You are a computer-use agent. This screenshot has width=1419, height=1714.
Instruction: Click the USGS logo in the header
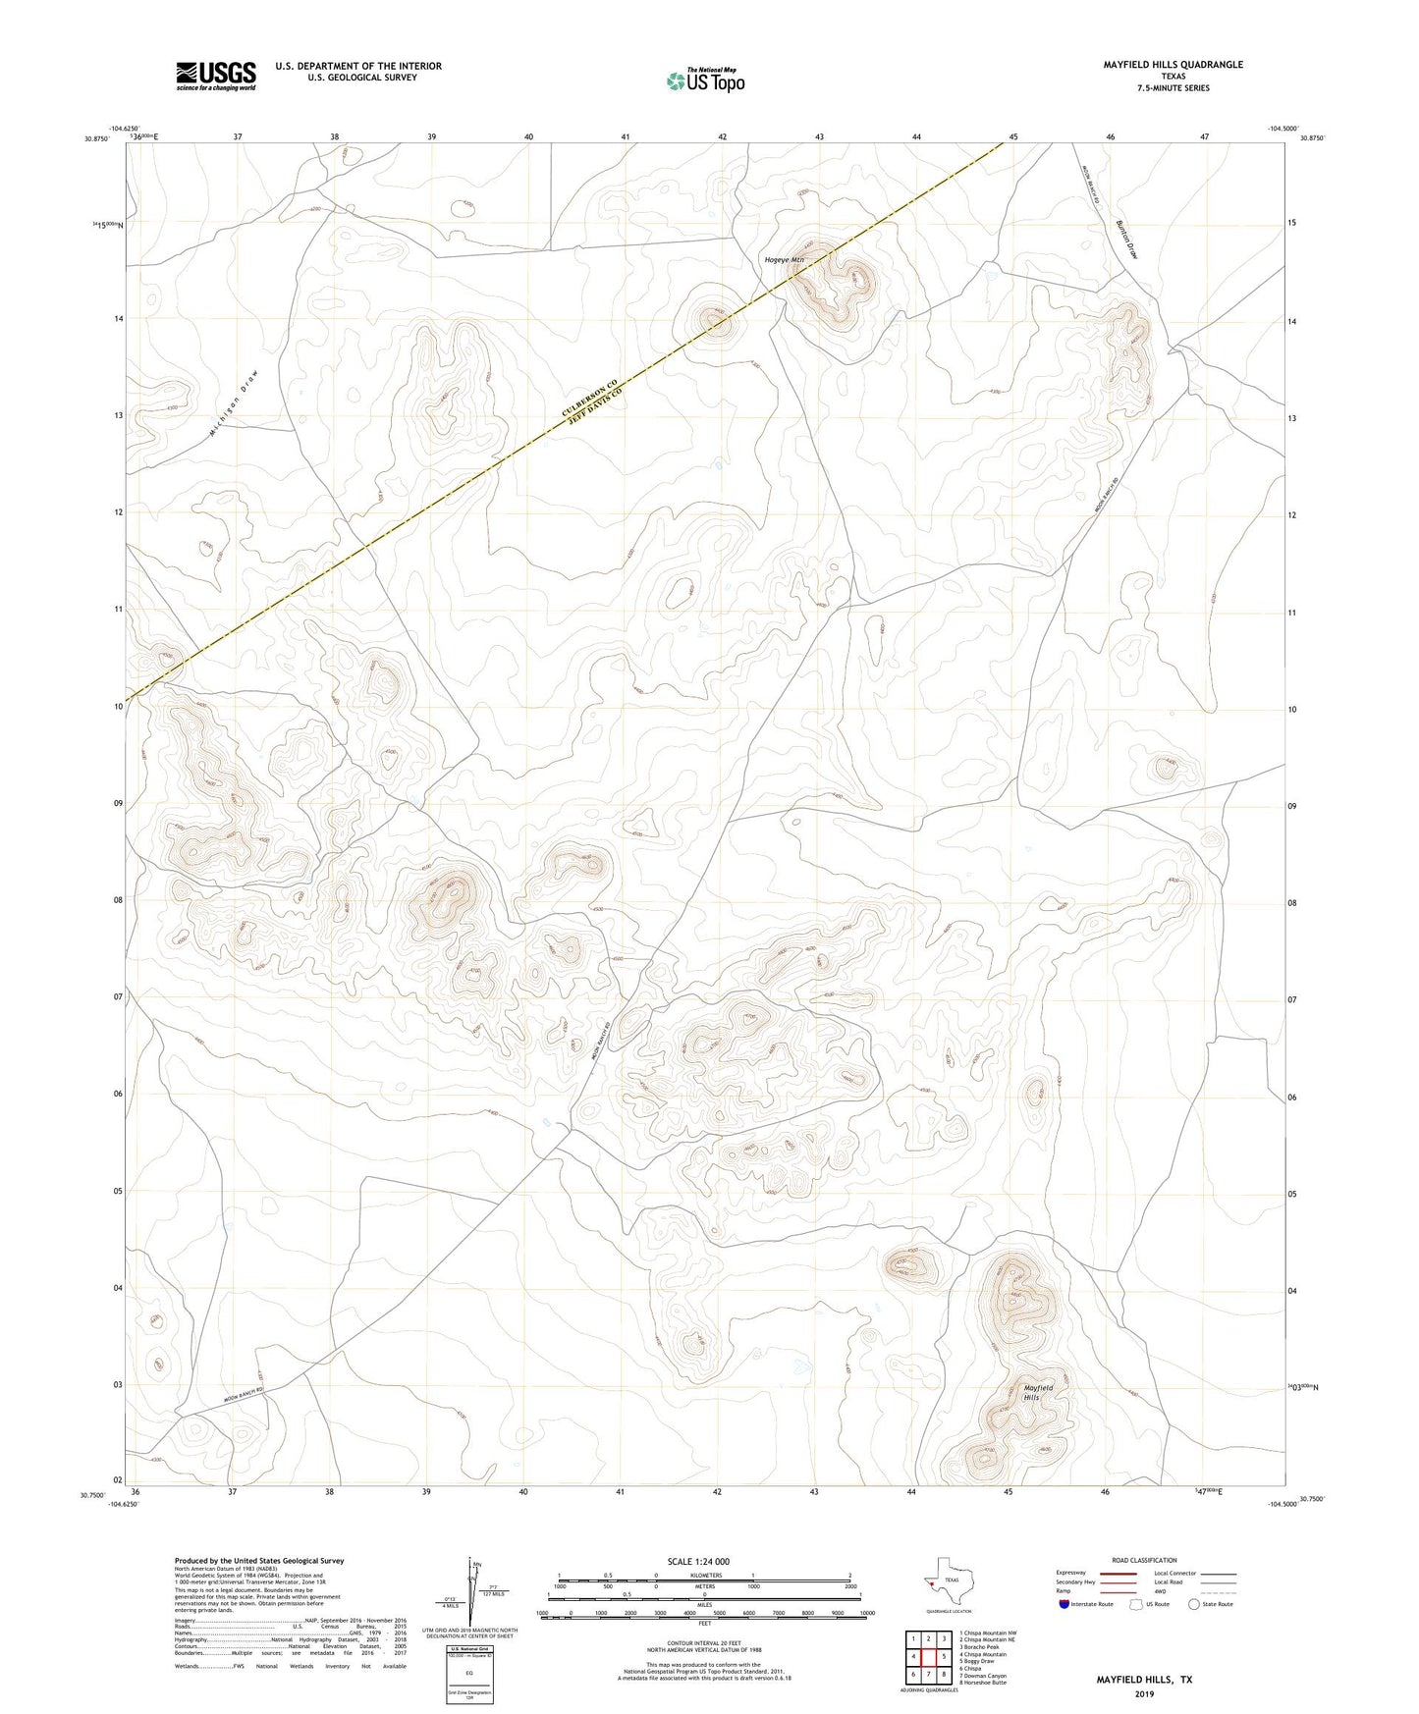216,76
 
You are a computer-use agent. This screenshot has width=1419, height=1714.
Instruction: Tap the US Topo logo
705,80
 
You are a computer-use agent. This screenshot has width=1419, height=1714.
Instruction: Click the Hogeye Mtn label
784,260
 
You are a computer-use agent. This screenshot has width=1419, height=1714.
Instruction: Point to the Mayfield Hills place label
1038,1392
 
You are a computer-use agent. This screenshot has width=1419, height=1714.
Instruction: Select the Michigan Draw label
236,403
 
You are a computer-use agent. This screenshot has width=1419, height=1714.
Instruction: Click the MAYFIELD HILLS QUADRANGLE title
1173,65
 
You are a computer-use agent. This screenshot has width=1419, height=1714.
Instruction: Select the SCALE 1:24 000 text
698,1562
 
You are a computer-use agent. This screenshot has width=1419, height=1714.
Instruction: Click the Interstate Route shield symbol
1064,1604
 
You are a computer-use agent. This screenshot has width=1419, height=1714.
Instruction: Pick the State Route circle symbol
1193,1604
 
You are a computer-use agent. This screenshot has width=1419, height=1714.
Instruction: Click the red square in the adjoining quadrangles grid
928,1657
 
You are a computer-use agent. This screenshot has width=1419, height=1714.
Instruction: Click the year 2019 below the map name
1144,1693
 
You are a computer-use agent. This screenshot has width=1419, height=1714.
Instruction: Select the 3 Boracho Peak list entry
983,1647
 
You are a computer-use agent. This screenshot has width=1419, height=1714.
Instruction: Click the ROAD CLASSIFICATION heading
1144,1560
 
